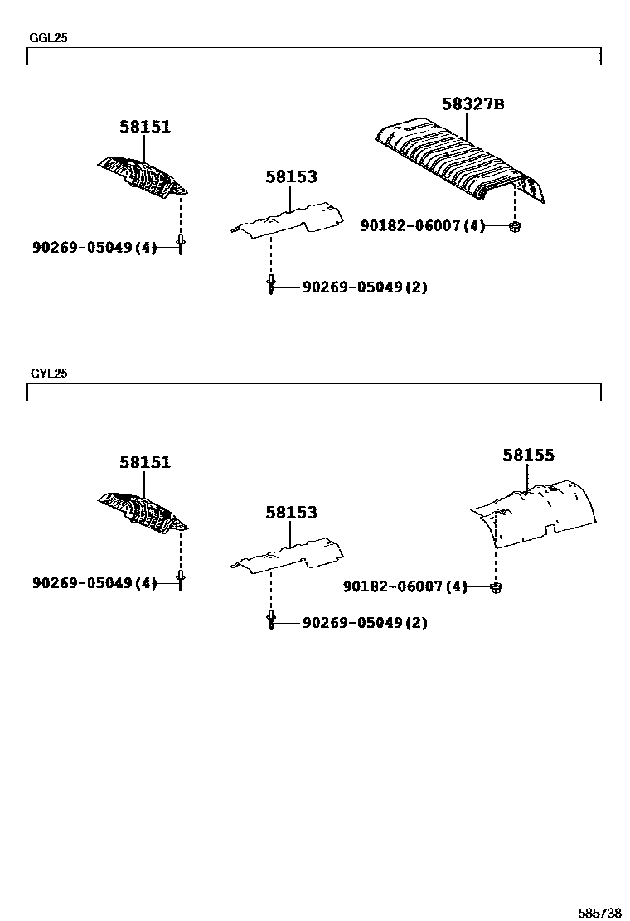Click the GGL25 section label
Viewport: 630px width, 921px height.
(x=48, y=38)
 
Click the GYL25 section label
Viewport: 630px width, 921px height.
(x=49, y=374)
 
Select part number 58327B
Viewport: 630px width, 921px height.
(x=472, y=104)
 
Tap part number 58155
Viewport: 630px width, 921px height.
(x=528, y=455)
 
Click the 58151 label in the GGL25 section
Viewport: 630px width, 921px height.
(x=145, y=127)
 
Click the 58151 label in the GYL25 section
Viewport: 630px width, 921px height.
(x=145, y=462)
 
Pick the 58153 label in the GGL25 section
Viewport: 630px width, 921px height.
(x=291, y=176)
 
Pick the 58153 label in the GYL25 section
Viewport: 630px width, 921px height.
(x=291, y=513)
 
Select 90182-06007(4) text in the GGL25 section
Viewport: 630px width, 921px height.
(x=422, y=225)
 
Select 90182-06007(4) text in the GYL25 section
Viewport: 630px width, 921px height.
(x=405, y=587)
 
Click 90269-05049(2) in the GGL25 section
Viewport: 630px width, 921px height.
(x=365, y=287)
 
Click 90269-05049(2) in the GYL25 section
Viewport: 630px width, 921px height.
(x=365, y=623)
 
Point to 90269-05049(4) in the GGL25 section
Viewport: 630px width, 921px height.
(x=94, y=247)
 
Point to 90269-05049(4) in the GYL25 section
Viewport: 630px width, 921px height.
(x=94, y=583)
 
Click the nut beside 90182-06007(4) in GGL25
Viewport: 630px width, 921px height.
(x=515, y=225)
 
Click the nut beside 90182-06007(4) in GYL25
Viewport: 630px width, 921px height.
(x=496, y=587)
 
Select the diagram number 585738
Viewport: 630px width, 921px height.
(x=599, y=912)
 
